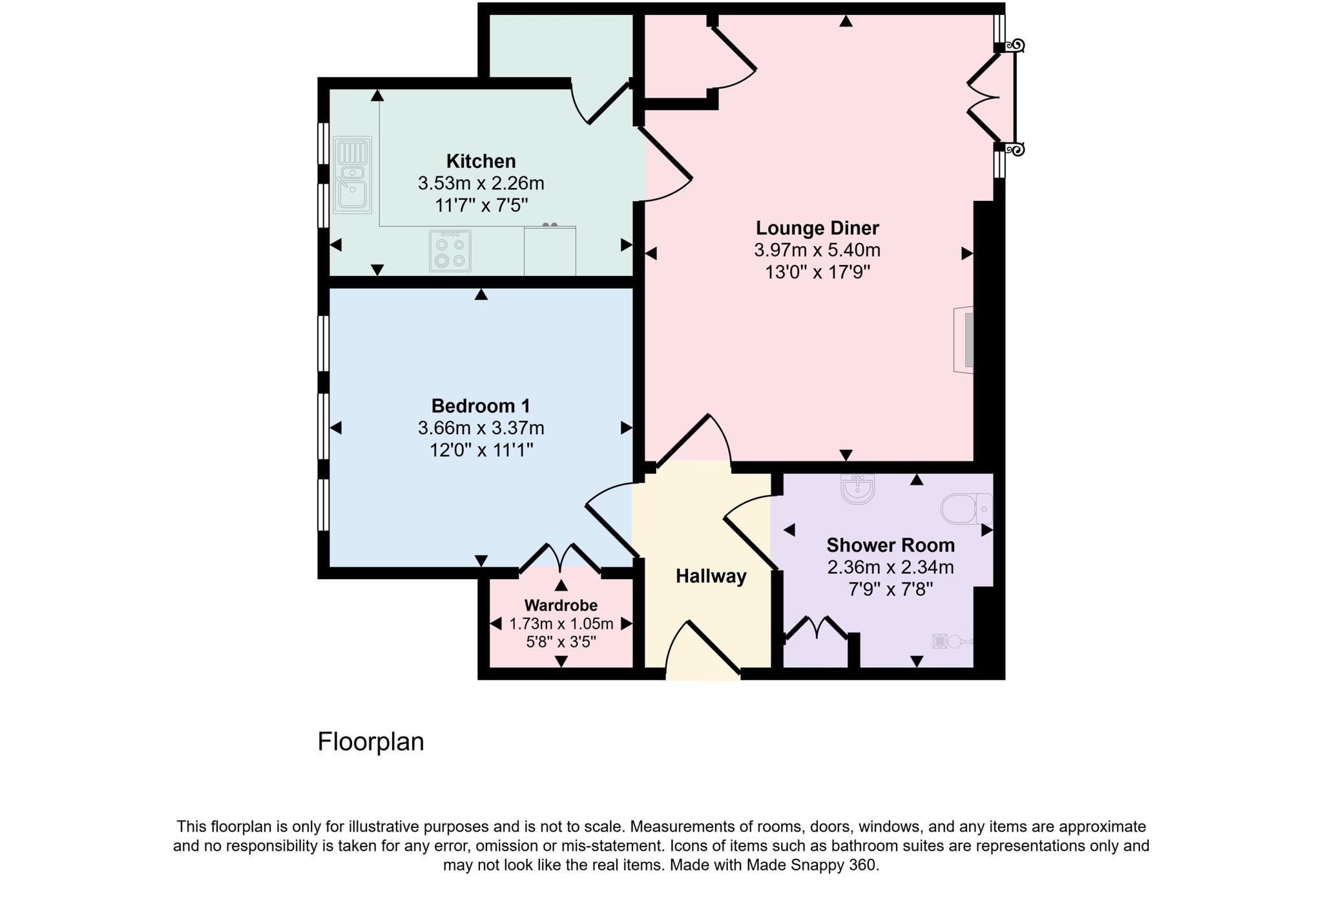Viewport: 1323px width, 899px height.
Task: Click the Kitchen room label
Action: pos(481,161)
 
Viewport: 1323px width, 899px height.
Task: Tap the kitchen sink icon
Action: pos(352,175)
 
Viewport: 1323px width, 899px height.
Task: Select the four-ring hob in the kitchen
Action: pos(450,251)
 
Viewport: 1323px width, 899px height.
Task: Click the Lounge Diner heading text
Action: pos(817,228)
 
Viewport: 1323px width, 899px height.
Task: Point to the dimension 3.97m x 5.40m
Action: pos(817,250)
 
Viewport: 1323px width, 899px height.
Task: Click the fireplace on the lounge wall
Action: pos(964,339)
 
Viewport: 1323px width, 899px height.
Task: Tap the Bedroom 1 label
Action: pos(481,406)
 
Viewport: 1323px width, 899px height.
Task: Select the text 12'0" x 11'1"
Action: pos(481,450)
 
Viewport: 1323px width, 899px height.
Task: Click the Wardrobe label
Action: pos(561,606)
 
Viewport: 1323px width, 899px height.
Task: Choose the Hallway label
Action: pos(711,576)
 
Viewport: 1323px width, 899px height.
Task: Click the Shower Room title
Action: pos(890,545)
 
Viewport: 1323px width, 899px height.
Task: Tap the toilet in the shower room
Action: pos(966,509)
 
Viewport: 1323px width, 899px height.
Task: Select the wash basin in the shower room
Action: pos(858,489)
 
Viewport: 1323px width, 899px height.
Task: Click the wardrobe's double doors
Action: pos(561,558)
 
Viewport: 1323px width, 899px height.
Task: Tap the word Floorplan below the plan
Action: pos(370,742)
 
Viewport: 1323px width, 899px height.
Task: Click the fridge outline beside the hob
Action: pos(550,251)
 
